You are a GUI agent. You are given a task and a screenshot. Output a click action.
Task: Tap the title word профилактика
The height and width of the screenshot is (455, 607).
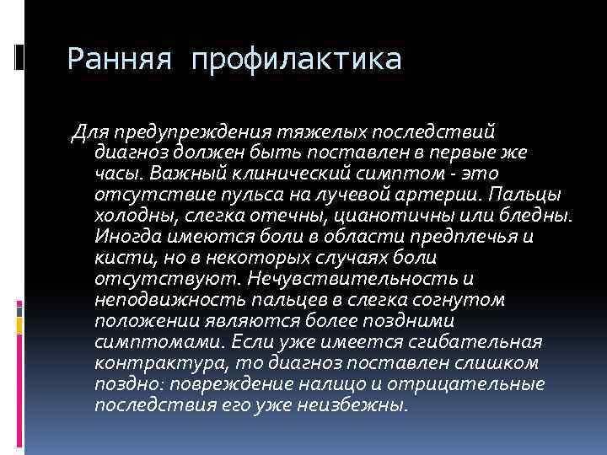297,60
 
